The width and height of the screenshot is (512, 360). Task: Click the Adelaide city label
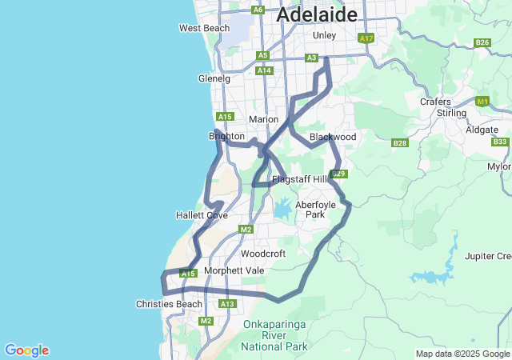[x=316, y=14]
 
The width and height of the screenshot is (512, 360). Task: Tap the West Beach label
[x=204, y=28]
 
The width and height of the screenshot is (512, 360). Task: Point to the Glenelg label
[x=214, y=78]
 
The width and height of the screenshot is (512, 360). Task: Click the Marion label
[x=263, y=119]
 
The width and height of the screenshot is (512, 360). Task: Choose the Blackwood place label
[x=332, y=137]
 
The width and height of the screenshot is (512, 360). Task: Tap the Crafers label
[x=435, y=102]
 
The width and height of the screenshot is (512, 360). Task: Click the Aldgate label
[x=482, y=128]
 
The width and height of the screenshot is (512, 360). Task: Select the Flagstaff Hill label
[x=299, y=179]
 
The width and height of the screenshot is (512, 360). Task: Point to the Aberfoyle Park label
[x=310, y=210]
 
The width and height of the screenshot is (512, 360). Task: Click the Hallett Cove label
[x=202, y=215]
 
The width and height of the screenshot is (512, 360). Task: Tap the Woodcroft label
[x=263, y=254]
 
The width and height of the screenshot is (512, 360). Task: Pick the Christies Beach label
[x=169, y=304]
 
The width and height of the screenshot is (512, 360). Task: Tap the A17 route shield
[x=366, y=38]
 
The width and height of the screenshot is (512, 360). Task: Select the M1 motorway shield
[x=482, y=102]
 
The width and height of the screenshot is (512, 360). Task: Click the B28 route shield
[x=399, y=142]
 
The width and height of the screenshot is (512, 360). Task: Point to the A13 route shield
[x=227, y=304]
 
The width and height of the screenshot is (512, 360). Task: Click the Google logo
[x=26, y=350]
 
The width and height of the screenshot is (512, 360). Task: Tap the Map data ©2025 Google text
[x=462, y=354]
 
